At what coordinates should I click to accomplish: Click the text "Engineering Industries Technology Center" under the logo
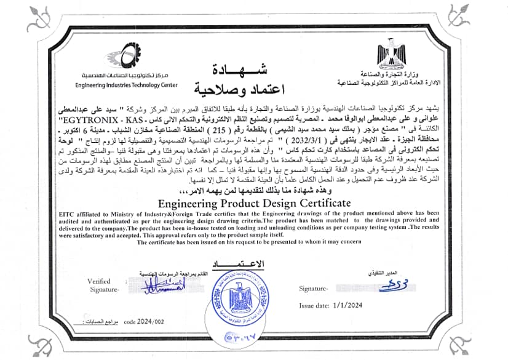pyautogui.click(x=126, y=85)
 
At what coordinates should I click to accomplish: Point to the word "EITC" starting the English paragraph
pyautogui.click(x=68, y=212)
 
